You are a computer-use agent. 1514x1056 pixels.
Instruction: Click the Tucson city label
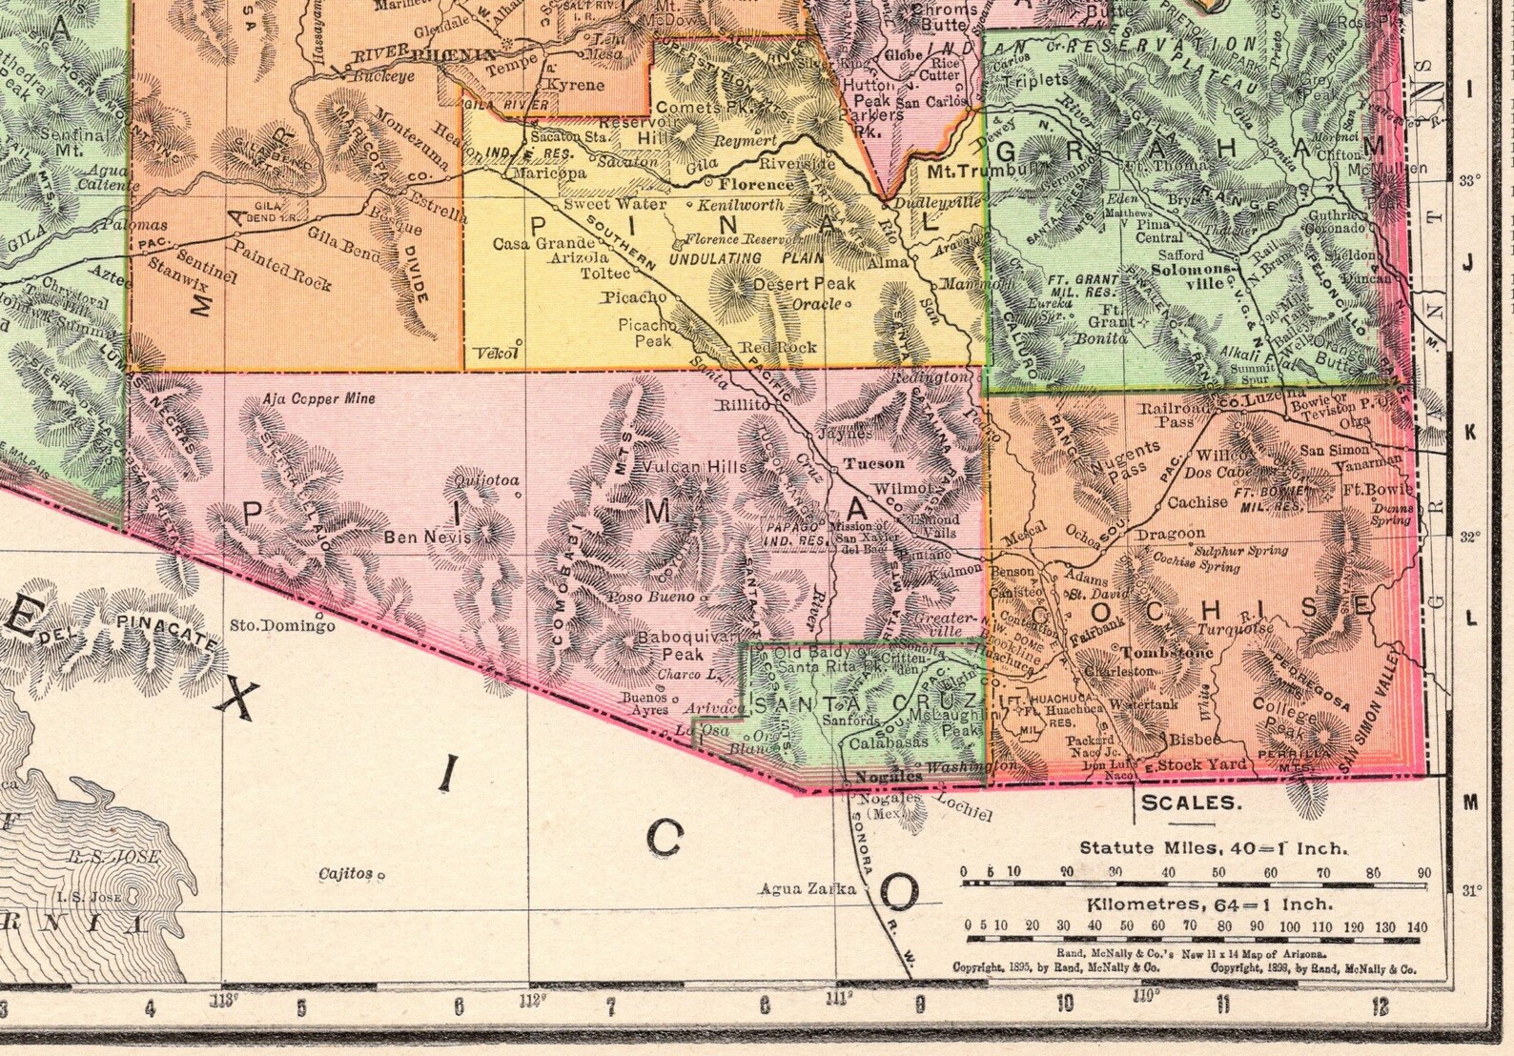click(x=874, y=463)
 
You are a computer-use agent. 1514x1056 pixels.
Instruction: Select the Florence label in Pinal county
click(x=755, y=184)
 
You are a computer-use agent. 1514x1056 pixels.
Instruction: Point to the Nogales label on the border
click(x=875, y=776)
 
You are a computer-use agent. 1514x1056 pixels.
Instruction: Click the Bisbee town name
click(x=1195, y=739)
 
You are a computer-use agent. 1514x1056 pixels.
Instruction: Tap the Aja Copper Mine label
click(x=319, y=399)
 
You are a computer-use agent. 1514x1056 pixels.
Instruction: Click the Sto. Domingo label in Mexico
click(x=283, y=626)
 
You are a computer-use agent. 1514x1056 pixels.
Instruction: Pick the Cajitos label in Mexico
click(x=346, y=873)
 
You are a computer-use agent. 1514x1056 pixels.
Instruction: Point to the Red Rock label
click(x=785, y=347)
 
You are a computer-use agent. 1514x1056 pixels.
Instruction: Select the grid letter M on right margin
click(x=1469, y=802)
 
